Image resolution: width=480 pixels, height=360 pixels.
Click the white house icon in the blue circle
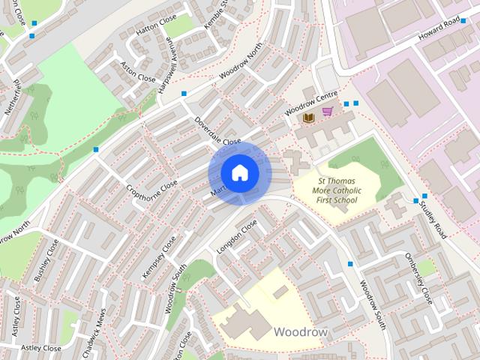238,173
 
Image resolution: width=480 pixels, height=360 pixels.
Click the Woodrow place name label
300,331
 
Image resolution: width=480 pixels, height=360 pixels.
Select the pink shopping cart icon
327,112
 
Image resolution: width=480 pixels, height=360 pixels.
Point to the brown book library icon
307,118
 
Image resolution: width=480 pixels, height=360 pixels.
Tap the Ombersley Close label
418,277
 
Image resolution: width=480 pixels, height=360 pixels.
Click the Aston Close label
138,71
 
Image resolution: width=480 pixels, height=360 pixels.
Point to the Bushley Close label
46,262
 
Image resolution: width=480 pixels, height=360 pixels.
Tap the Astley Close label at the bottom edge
40,348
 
